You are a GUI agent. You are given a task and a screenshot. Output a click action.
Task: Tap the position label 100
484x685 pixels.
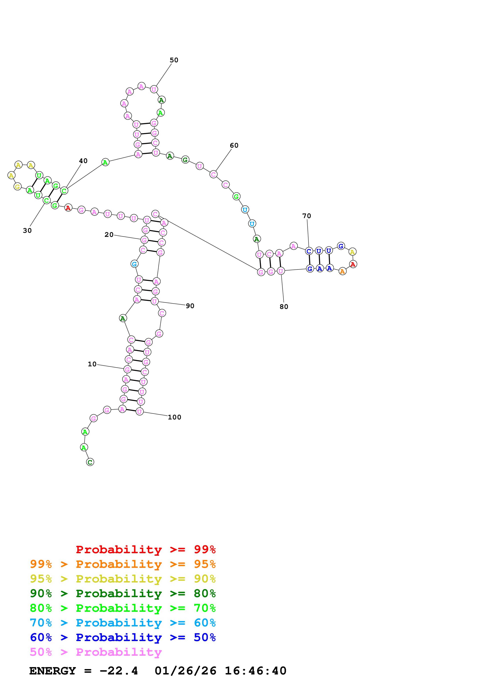pyautogui.click(x=175, y=417)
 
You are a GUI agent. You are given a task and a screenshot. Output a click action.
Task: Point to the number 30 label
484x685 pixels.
pyautogui.click(x=27, y=231)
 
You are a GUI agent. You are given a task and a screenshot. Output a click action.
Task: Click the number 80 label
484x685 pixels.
pyautogui.click(x=284, y=307)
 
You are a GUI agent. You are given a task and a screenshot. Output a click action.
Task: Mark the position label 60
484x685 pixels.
pyautogui.click(x=234, y=146)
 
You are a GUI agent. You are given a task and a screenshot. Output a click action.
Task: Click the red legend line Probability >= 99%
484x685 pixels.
pyautogui.click(x=145, y=549)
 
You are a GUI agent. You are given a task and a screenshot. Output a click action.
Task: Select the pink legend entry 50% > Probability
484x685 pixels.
pyautogui.click(x=95, y=652)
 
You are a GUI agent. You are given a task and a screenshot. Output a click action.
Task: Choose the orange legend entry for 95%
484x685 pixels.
pyautogui.click(x=123, y=564)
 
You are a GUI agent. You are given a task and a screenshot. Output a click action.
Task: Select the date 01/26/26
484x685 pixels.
pyautogui.click(x=185, y=671)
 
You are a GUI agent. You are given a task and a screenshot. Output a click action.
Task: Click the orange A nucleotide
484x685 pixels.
pyautogui.click(x=342, y=271)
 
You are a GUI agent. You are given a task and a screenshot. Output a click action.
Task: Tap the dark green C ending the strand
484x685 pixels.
pyautogui.click(x=90, y=462)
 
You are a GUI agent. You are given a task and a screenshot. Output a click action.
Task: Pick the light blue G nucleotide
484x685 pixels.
pyautogui.click(x=135, y=264)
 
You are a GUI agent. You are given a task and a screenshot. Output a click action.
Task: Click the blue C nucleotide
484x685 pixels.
pyautogui.click(x=309, y=251)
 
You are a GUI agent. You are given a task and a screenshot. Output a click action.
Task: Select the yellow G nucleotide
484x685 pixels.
pyautogui.click(x=18, y=187)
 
